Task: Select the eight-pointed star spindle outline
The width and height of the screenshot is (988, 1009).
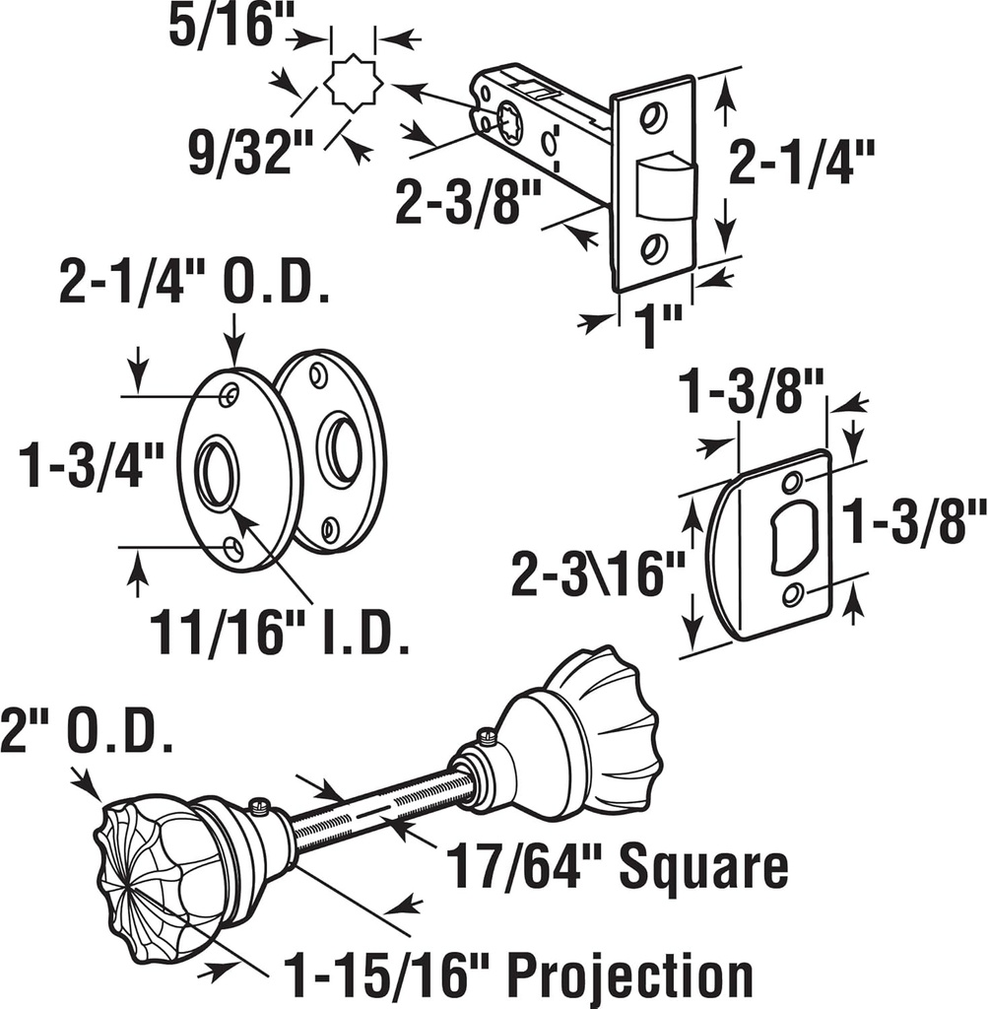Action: point(353,85)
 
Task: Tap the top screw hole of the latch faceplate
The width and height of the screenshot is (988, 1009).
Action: point(652,117)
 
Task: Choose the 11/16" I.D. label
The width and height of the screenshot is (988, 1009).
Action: point(280,635)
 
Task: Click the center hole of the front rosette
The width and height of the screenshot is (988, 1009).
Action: point(216,474)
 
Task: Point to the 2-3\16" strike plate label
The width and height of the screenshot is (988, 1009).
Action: point(597,575)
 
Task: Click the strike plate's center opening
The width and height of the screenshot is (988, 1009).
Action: point(792,537)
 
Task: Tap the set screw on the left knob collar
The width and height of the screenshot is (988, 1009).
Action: point(259,807)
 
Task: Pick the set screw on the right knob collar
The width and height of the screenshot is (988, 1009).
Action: point(485,734)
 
